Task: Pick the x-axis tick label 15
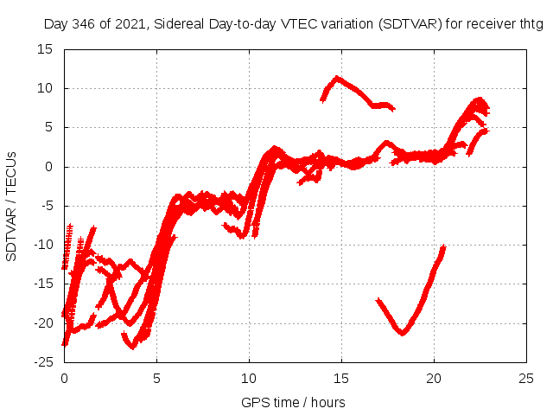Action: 341,378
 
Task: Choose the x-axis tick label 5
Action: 156,378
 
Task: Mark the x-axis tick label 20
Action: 434,378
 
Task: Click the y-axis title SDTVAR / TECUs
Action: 12,206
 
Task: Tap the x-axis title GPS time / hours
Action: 295,402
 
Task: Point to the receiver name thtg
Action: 529,24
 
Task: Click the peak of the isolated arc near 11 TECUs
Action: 338,78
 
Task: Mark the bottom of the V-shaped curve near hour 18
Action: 403,333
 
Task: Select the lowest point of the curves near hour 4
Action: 132,348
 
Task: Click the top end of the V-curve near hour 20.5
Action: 442,247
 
